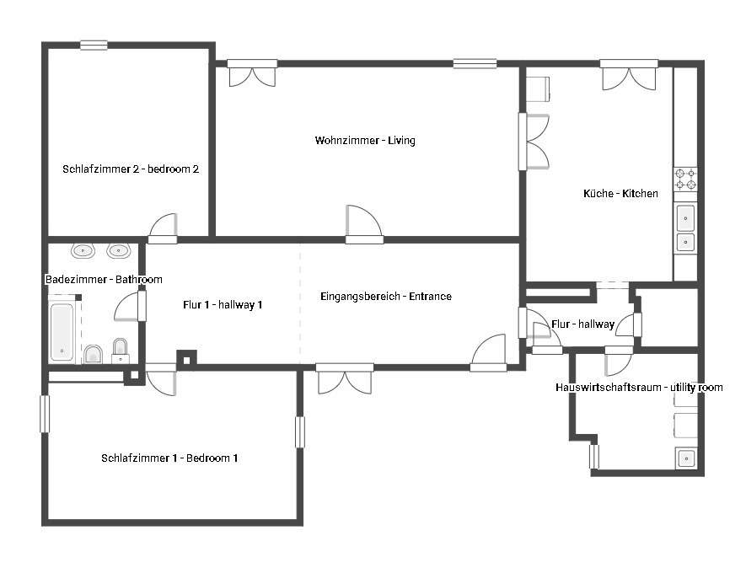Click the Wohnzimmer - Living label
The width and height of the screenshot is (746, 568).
(x=365, y=141)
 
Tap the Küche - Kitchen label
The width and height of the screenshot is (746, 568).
(x=620, y=193)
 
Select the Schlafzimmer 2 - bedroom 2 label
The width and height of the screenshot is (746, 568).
(x=131, y=169)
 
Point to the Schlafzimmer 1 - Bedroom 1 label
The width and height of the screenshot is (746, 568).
(x=169, y=458)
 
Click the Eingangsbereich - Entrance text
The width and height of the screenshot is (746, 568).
(x=386, y=297)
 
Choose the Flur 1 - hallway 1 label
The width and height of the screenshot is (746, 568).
(x=223, y=304)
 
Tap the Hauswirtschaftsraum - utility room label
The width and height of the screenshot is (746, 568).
(x=639, y=387)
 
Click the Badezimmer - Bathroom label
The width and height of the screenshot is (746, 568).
(x=104, y=279)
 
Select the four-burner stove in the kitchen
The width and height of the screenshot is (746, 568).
(x=685, y=179)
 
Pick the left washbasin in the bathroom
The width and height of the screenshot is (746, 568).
(x=83, y=250)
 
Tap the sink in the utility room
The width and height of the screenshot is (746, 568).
(x=686, y=458)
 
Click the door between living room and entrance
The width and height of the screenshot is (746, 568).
(x=364, y=224)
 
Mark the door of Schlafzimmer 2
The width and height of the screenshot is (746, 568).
(x=164, y=228)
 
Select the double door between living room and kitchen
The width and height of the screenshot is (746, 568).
(x=534, y=142)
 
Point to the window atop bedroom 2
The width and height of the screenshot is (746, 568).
(x=94, y=46)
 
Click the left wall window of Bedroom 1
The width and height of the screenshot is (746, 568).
(x=45, y=414)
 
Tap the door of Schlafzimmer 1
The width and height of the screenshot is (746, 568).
(x=161, y=379)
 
